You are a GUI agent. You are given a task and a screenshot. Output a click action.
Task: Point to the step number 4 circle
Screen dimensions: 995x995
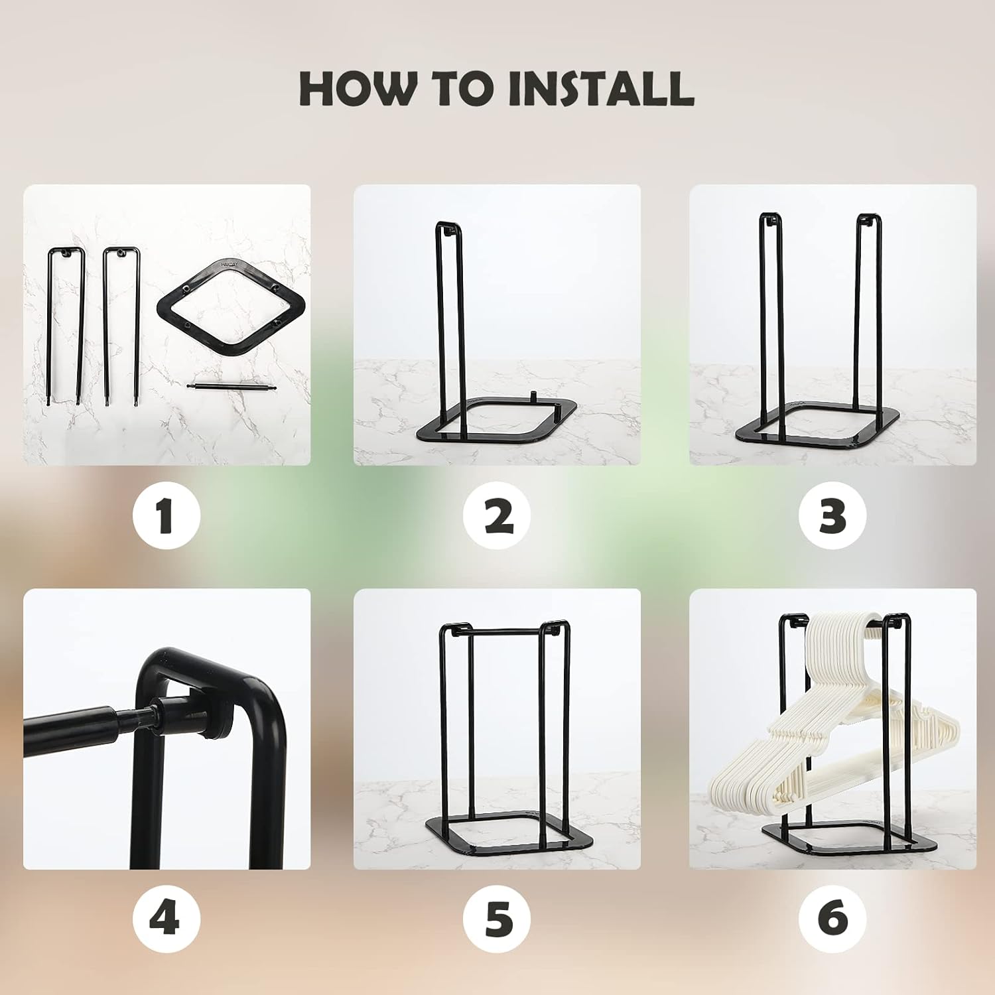(166, 918)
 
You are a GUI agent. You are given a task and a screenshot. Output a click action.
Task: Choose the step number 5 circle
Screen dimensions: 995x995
(497, 918)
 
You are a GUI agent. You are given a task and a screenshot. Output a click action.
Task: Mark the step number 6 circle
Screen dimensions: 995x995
(832, 918)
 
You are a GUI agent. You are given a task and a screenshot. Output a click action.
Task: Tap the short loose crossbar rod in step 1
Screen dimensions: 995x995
(229, 387)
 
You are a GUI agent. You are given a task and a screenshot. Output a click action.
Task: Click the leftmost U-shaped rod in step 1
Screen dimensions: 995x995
(65, 325)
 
